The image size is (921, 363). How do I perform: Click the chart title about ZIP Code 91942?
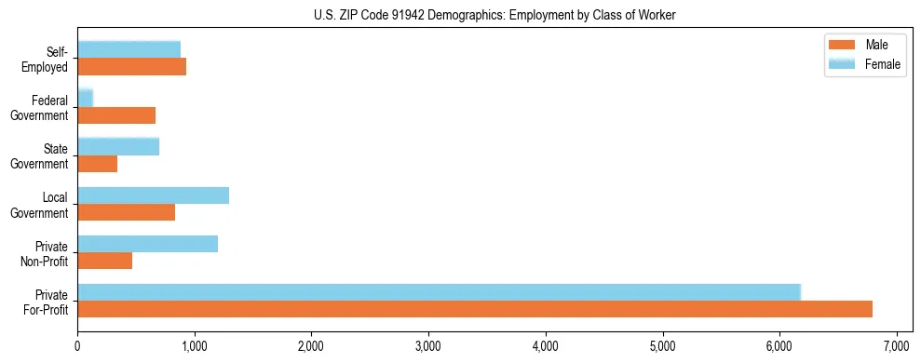(460, 16)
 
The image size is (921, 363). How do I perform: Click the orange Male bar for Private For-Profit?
(475, 309)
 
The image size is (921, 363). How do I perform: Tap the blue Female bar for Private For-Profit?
(439, 292)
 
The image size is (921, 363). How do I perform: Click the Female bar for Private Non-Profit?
(147, 244)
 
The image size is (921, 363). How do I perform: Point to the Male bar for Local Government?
(126, 212)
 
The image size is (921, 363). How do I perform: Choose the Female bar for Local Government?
(153, 195)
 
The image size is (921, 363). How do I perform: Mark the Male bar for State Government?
(97, 164)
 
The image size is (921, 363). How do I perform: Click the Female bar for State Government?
(118, 147)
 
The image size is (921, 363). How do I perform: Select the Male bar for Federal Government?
(116, 115)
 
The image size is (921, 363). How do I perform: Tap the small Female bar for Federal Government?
(86, 99)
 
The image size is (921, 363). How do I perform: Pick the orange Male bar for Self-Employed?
(131, 67)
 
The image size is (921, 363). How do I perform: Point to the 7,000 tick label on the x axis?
(896, 348)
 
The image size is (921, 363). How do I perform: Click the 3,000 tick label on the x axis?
(428, 348)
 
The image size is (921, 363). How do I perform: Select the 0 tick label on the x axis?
(77, 348)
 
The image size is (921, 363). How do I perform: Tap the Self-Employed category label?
(48, 59)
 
